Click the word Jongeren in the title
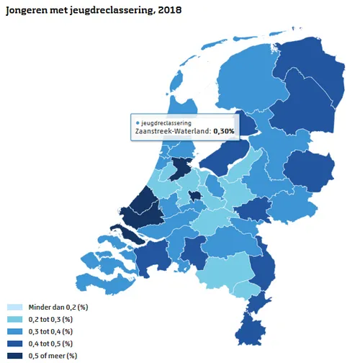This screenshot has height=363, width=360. [x=29, y=12]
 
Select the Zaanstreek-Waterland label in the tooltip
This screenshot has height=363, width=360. [x=172, y=132]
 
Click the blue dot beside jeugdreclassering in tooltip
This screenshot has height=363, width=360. [x=138, y=123]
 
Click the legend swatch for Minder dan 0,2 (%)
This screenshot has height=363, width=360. [x=13, y=308]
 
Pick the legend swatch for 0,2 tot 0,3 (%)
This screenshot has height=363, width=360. [x=13, y=319]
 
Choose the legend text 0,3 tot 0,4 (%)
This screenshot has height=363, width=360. [x=50, y=331]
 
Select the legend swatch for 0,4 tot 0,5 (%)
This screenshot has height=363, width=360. [x=13, y=344]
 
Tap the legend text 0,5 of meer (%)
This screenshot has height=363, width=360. [x=51, y=355]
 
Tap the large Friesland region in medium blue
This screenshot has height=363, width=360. [x=238, y=83]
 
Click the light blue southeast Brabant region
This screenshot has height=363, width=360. [x=227, y=277]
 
